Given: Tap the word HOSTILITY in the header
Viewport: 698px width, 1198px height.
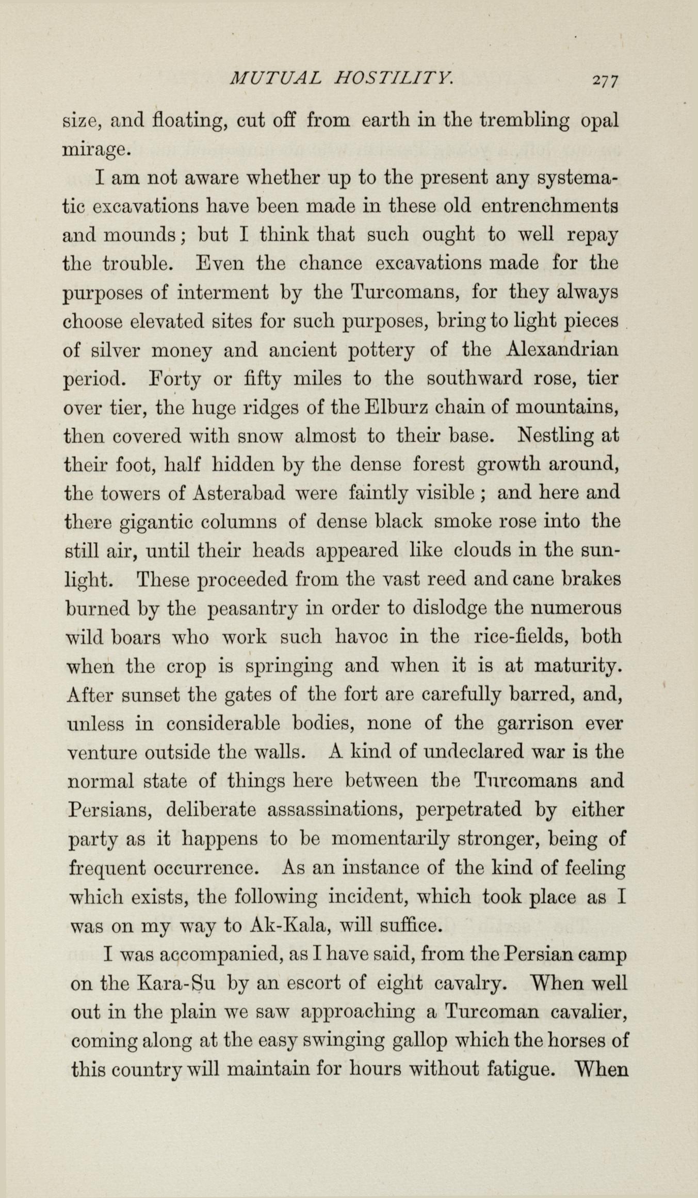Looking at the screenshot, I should [x=394, y=79].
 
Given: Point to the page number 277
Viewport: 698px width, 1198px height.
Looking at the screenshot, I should [x=605, y=80].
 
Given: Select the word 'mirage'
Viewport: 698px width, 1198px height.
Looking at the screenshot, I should [x=94, y=151].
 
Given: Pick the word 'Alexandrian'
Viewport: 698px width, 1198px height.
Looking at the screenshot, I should [x=562, y=350].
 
